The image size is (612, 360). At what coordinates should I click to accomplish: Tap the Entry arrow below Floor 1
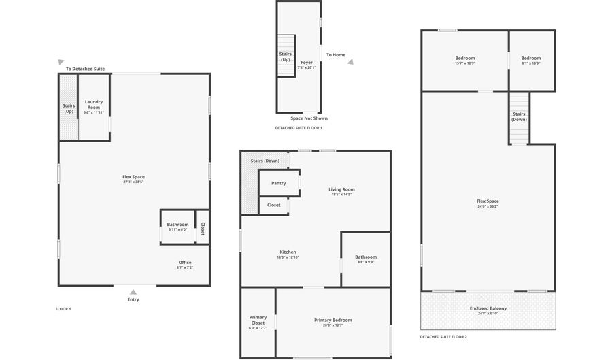pos(133,291)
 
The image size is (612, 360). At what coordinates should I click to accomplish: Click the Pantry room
pos(279,183)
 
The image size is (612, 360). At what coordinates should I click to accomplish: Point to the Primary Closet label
pos(258,320)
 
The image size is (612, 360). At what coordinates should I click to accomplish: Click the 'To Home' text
pos(336,55)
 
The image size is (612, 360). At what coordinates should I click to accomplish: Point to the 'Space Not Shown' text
pos(309,118)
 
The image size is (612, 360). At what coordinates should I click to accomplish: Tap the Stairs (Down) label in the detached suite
pos(519,116)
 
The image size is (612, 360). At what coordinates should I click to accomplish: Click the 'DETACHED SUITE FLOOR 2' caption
pos(443,336)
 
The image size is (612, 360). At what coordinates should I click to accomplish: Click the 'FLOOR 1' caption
pos(63,309)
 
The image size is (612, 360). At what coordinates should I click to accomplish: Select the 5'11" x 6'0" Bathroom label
pos(177,227)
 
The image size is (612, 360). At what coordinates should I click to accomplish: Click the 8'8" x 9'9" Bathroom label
pos(365,259)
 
